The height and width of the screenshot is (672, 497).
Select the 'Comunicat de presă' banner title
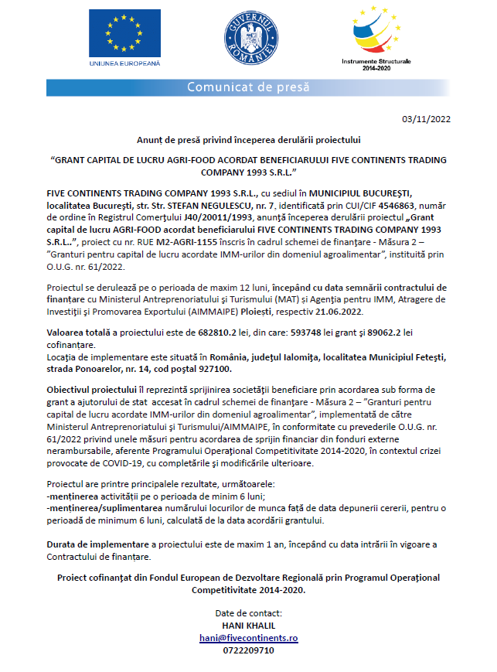click(x=248, y=87)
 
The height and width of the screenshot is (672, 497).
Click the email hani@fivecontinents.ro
click(x=248, y=639)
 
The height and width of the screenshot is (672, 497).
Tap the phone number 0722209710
click(x=248, y=651)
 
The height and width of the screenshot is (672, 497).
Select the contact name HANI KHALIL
click(x=248, y=626)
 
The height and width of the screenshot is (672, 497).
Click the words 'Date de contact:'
click(x=248, y=613)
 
